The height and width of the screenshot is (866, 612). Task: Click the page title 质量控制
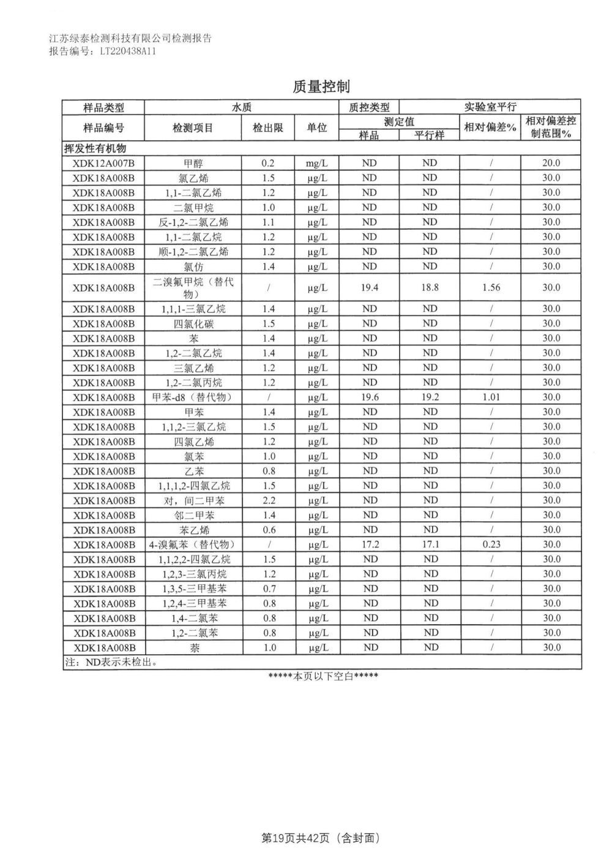click(x=321, y=87)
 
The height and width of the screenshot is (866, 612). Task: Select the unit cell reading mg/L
click(x=317, y=164)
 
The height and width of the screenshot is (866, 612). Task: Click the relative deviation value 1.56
click(x=491, y=287)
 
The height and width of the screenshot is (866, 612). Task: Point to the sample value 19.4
click(x=369, y=287)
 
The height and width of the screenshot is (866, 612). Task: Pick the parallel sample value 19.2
click(x=430, y=397)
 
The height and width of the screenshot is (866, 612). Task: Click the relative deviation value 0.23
click(x=491, y=544)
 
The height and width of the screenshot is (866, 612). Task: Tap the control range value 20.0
click(x=551, y=164)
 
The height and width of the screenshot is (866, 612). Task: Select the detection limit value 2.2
click(x=268, y=500)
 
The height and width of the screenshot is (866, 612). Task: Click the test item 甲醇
click(x=193, y=164)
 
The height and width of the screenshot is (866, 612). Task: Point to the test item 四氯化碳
click(x=193, y=323)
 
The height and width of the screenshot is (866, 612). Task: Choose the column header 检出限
click(x=268, y=127)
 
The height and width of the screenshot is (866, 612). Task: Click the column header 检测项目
click(x=193, y=127)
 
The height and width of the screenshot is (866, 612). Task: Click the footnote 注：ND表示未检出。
click(x=108, y=663)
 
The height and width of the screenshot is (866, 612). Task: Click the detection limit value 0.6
click(x=268, y=530)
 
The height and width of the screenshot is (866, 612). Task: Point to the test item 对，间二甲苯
click(x=193, y=500)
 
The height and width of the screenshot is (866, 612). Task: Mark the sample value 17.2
click(x=370, y=544)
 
